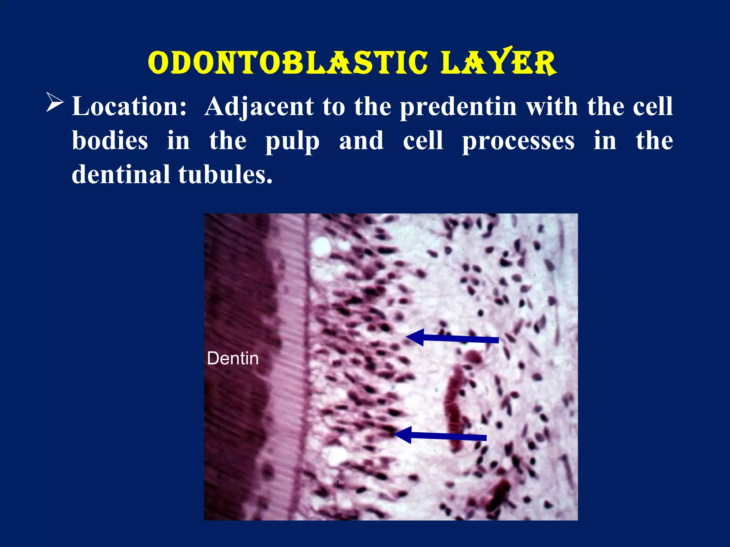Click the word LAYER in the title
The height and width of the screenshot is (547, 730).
[x=498, y=63]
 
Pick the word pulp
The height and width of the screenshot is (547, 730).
[x=292, y=141]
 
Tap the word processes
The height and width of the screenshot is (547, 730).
[x=518, y=141]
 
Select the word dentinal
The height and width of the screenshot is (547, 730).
[x=120, y=174]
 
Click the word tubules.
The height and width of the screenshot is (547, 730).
[x=225, y=174]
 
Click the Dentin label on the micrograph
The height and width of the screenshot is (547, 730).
[x=233, y=358]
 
